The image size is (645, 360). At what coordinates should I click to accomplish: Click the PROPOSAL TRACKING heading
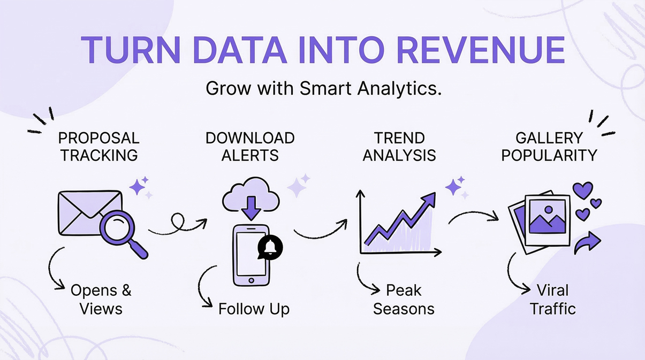click(98, 146)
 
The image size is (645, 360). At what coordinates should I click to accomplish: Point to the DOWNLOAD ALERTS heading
click(250, 146)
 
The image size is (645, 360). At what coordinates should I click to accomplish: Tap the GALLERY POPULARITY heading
click(549, 146)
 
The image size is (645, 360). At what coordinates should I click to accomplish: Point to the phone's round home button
click(251, 280)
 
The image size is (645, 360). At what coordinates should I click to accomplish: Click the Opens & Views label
click(101, 299)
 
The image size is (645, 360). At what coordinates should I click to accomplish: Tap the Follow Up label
click(254, 309)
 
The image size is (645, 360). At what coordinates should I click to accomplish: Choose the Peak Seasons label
click(404, 299)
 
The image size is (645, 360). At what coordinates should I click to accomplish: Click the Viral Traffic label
click(553, 299)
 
